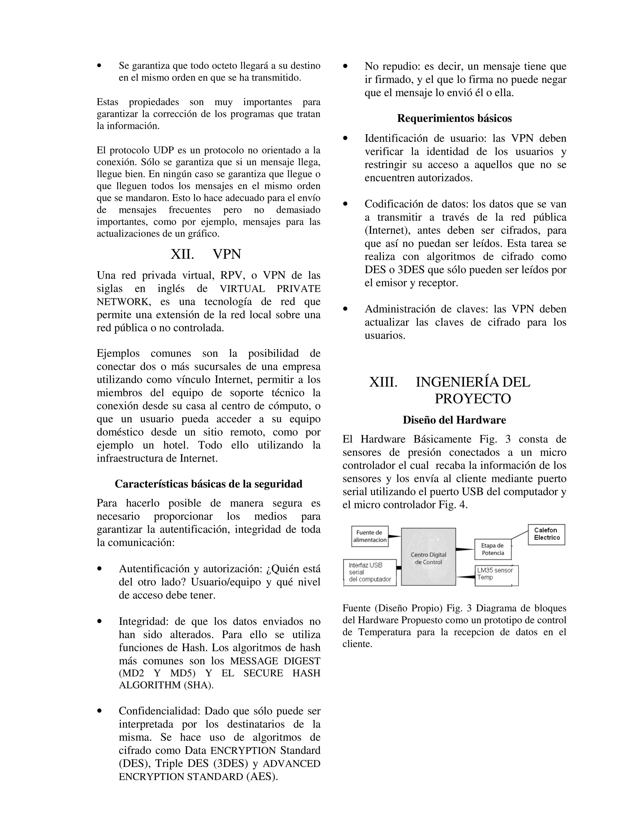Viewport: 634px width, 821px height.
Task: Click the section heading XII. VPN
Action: [x=206, y=254]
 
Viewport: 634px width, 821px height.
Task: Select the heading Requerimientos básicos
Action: [x=454, y=118]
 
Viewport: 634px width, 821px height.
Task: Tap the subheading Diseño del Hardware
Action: [x=454, y=420]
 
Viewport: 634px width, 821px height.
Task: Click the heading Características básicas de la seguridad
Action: [x=208, y=484]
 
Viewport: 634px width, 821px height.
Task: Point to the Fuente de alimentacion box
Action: [x=370, y=536]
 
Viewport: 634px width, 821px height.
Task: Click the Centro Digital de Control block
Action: [x=428, y=557]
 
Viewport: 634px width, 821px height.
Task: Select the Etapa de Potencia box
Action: [x=493, y=549]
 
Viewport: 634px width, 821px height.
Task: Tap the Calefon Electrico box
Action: [x=546, y=534]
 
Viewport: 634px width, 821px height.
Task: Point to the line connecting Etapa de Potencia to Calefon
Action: [x=520, y=535]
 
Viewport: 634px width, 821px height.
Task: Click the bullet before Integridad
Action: [x=99, y=622]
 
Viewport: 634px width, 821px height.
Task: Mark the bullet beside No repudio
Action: [x=345, y=67]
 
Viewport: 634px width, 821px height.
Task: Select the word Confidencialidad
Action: [x=160, y=711]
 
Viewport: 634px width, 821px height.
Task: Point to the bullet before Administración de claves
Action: [x=345, y=309]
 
